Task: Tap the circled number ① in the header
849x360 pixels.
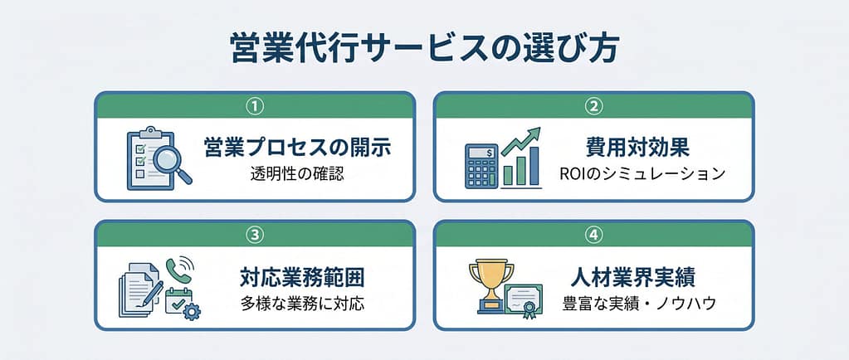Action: pos(255,107)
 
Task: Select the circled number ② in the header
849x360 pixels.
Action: pos(594,107)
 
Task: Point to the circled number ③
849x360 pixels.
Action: pos(255,235)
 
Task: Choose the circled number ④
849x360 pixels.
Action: pos(594,235)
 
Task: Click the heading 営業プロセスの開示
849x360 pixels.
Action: pos(297,148)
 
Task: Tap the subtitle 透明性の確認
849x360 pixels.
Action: pos(297,174)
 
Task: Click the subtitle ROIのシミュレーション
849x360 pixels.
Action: pos(642,174)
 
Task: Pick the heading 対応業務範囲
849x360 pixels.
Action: pos(301,278)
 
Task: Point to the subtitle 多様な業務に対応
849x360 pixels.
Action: pos(302,304)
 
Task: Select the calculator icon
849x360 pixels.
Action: pos(481,166)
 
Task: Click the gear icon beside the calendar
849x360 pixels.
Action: pos(192,311)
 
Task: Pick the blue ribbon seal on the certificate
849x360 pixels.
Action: pos(529,309)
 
